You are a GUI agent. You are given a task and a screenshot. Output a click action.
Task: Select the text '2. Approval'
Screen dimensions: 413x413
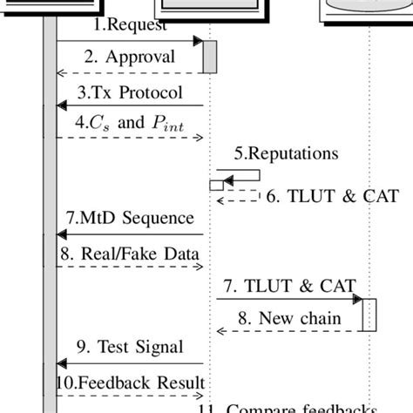coord(129,58)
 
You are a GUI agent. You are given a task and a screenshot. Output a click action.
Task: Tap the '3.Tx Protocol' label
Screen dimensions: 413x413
coord(131,92)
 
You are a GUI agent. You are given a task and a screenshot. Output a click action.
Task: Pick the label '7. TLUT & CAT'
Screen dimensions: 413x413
coord(289,285)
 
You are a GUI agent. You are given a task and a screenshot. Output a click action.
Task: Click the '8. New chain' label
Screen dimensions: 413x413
coord(292,317)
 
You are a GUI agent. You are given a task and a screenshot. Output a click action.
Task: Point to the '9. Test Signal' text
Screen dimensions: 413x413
coord(132,348)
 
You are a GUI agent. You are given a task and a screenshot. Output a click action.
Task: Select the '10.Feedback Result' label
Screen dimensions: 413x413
coord(131,383)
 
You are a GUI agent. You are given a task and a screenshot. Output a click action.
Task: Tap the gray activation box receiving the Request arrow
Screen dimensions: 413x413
coord(209,57)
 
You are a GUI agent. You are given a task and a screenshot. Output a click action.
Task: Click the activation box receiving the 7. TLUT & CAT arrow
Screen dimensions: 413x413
coord(369,315)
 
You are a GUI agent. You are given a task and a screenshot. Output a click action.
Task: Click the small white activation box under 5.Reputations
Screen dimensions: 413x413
coord(216,185)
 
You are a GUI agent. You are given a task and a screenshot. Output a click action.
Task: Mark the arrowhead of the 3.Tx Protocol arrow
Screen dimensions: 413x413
coord(62,105)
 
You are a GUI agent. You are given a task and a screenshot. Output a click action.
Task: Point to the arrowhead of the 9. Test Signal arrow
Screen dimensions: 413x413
coord(62,363)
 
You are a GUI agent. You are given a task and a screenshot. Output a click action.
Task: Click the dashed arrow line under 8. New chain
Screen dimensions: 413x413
coord(288,331)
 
